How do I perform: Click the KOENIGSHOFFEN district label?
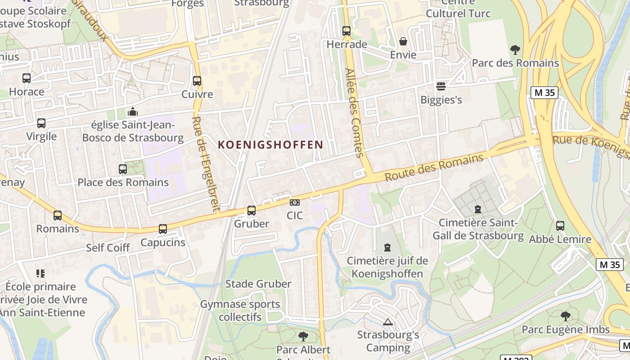click(270, 145)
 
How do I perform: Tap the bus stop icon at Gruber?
click(252, 211)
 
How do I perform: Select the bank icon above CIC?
click(295, 203)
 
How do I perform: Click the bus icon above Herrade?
click(346, 31)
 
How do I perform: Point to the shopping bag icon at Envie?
click(403, 42)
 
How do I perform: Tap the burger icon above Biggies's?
click(441, 86)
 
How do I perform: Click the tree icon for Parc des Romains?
click(515, 49)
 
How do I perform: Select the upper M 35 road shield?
click(544, 93)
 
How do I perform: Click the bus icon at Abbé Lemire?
click(560, 226)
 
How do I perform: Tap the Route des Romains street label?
click(434, 167)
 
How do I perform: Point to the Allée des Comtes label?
click(354, 112)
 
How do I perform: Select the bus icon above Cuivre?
click(197, 81)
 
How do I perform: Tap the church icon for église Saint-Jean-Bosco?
click(133, 112)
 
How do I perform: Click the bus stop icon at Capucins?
click(163, 229)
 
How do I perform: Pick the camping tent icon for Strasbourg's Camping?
click(388, 322)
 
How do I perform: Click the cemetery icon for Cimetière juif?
click(387, 247)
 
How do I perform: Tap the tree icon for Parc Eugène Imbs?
click(566, 316)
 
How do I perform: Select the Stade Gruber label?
click(258, 284)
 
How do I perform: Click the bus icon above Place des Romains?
click(123, 169)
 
